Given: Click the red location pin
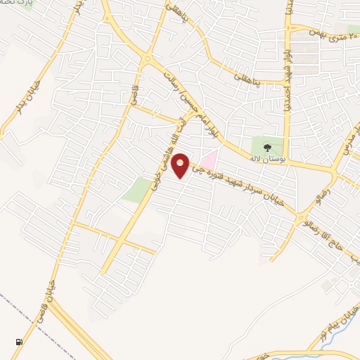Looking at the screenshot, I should [x=181, y=165].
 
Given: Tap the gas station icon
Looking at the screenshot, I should [x=18, y=342].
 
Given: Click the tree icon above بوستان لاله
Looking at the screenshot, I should [x=266, y=147].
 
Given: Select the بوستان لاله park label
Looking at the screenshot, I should [x=266, y=158].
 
